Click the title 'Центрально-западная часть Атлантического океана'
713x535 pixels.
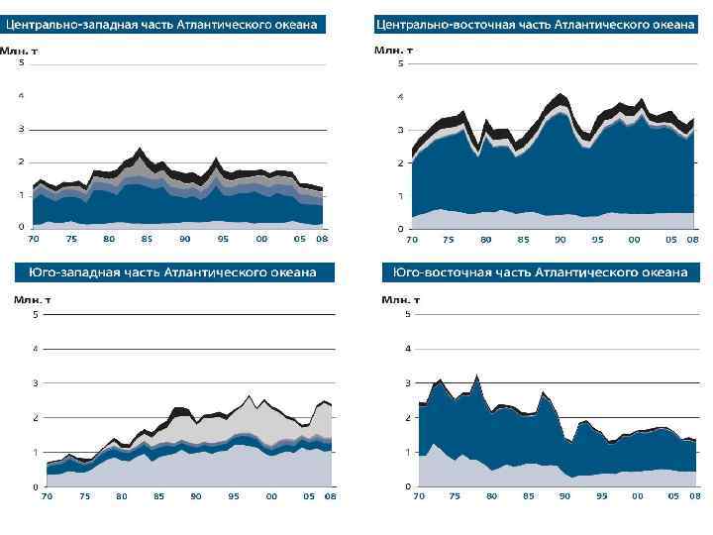click(x=167, y=25)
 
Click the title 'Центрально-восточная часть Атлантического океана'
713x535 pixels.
click(x=536, y=25)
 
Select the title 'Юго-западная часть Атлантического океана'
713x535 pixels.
click(x=168, y=271)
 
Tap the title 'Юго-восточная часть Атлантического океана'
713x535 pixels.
click(x=540, y=271)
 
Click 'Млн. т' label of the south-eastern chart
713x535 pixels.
click(x=401, y=298)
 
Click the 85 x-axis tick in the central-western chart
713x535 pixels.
click(x=147, y=239)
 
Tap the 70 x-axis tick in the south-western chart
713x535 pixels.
click(x=46, y=495)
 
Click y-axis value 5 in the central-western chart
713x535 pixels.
click(x=22, y=63)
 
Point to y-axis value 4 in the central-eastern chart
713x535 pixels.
click(x=400, y=97)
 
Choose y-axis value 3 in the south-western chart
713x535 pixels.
click(x=36, y=382)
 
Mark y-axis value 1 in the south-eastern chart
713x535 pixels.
click(x=407, y=452)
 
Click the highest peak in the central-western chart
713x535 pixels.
click(x=140, y=149)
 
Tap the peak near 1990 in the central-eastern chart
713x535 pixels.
click(x=560, y=94)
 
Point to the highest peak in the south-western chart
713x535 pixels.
click(x=250, y=395)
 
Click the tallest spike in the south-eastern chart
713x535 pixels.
click(x=477, y=374)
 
